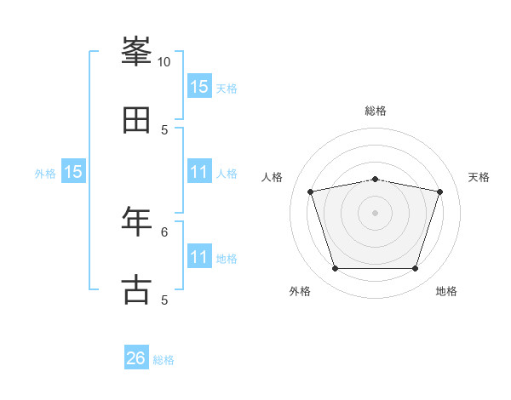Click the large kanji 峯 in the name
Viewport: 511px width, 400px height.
point(136,51)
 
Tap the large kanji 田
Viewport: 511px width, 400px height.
point(136,120)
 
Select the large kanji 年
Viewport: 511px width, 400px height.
point(136,221)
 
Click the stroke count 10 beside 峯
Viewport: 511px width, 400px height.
point(164,62)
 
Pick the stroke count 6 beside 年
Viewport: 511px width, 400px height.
point(164,232)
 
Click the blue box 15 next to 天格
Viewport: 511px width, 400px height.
point(199,85)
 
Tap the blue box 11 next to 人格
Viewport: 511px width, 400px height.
point(199,171)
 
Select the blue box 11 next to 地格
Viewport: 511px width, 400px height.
point(199,255)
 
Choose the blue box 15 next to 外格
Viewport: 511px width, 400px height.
point(73,171)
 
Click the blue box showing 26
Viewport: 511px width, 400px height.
point(136,357)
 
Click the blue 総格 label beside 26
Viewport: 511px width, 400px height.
point(164,360)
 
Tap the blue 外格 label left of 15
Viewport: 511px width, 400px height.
point(45,174)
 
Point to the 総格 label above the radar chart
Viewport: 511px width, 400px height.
point(376,111)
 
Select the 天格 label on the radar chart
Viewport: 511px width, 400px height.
point(479,177)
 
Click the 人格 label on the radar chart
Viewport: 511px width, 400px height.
point(272,177)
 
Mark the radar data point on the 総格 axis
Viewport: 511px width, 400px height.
point(375,180)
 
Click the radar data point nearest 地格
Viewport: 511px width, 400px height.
point(415,268)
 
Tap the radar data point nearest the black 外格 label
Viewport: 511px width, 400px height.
point(336,268)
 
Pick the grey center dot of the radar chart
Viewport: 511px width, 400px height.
point(375,213)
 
